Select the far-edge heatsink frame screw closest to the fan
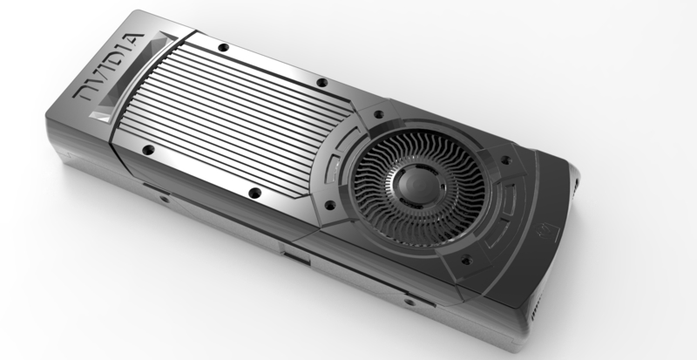click(x=321, y=83)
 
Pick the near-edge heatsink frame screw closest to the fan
click(x=254, y=193)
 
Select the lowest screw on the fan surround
click(x=464, y=259)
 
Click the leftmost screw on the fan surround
click(x=328, y=206)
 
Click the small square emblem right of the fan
click(x=547, y=233)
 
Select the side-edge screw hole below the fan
click(x=407, y=302)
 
